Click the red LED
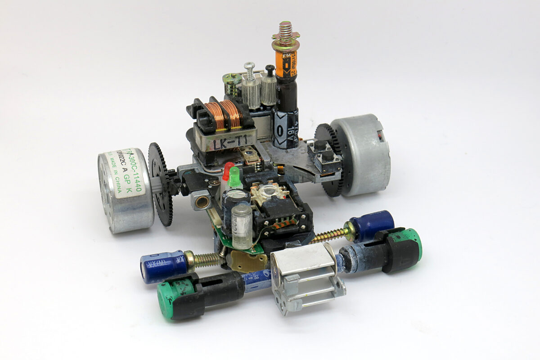pyautogui.click(x=228, y=170)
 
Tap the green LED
pyautogui.click(x=234, y=178)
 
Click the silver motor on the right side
pyautogui.click(x=362, y=153)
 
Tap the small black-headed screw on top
pyautogui.click(x=270, y=70)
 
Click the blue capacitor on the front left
pyautogui.click(x=162, y=266)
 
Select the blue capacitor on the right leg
pyautogui.click(x=372, y=225)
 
